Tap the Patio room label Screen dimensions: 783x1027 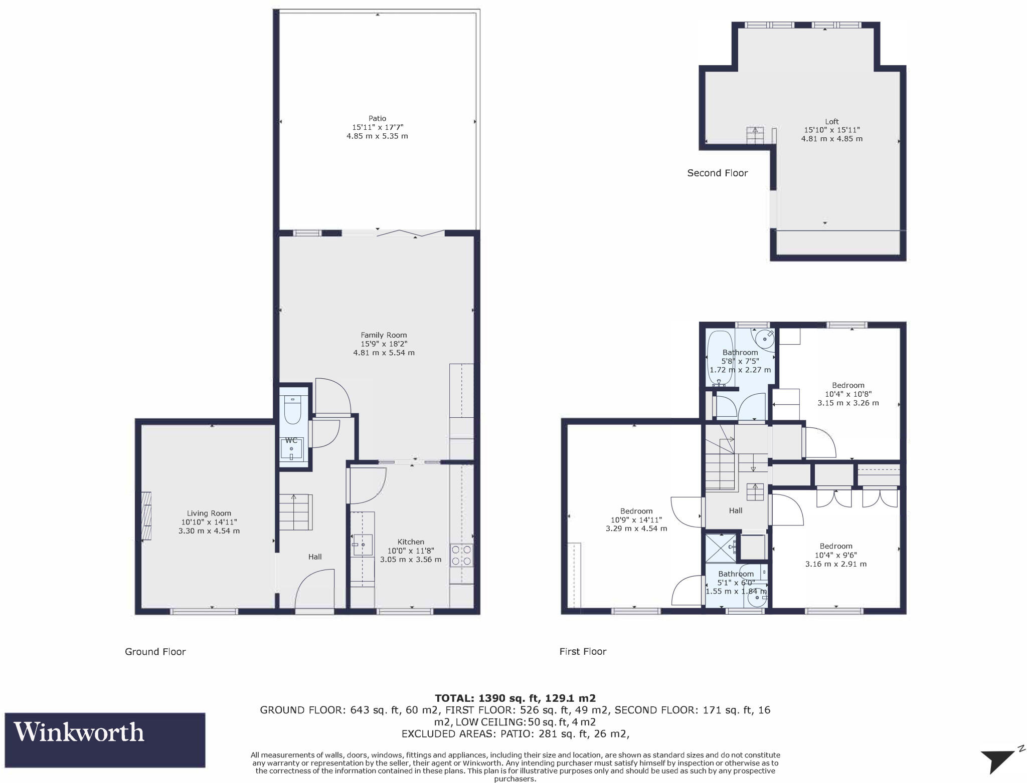point(377,119)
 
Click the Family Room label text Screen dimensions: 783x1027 point(384,335)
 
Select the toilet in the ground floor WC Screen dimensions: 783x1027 point(292,410)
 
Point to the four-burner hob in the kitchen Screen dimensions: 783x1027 point(462,555)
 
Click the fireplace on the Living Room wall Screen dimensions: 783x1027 point(146,516)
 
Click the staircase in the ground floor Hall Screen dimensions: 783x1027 point(296,511)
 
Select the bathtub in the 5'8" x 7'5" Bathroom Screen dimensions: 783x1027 point(720,357)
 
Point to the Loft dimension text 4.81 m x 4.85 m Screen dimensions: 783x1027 point(831,139)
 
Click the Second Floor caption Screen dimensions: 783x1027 point(717,173)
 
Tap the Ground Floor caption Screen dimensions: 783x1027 point(155,652)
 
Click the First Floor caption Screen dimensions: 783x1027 point(583,652)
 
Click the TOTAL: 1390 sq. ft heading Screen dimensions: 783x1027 point(515,698)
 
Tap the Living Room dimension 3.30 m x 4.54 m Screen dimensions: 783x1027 point(209,531)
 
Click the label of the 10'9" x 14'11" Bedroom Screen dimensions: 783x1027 point(636,511)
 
